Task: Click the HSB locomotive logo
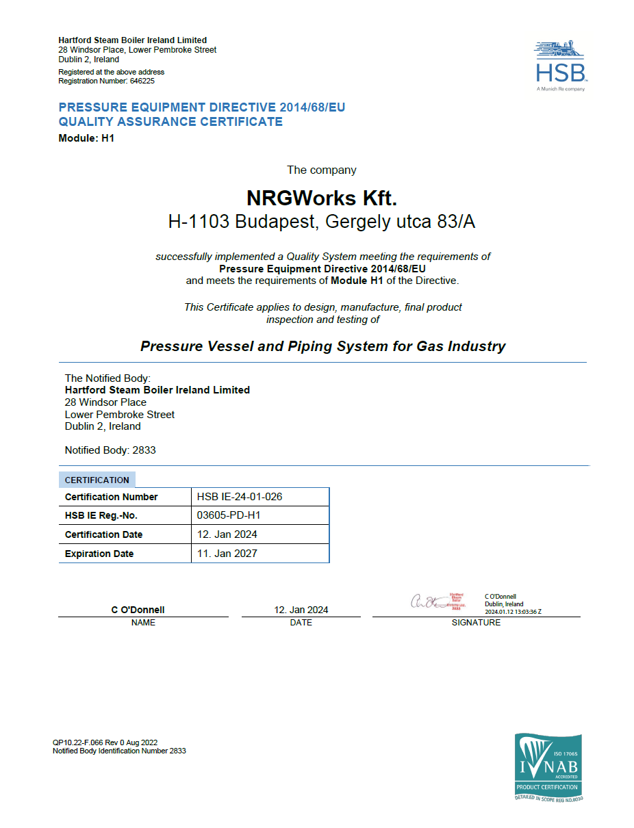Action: pyautogui.click(x=559, y=65)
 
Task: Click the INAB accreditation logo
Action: pyautogui.click(x=548, y=766)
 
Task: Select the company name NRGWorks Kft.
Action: pyautogui.click(x=321, y=198)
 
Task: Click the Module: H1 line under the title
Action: pyautogui.click(x=86, y=138)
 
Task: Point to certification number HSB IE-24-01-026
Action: pyautogui.click(x=240, y=497)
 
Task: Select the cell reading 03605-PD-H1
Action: pyautogui.click(x=229, y=515)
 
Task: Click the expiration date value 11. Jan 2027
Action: pyautogui.click(x=227, y=554)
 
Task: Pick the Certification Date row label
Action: pyautogui.click(x=104, y=534)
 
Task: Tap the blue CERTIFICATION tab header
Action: pyautogui.click(x=97, y=480)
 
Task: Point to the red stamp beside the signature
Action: pyautogui.click(x=456, y=601)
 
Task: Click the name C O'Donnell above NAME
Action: pyautogui.click(x=138, y=610)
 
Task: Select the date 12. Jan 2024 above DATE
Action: pyautogui.click(x=301, y=610)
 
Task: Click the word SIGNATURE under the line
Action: pyautogui.click(x=476, y=623)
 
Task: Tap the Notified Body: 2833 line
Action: pyautogui.click(x=110, y=450)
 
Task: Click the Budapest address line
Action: pyautogui.click(x=321, y=222)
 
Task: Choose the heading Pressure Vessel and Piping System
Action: pyautogui.click(x=322, y=346)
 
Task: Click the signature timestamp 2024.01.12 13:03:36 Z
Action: pyautogui.click(x=513, y=612)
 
